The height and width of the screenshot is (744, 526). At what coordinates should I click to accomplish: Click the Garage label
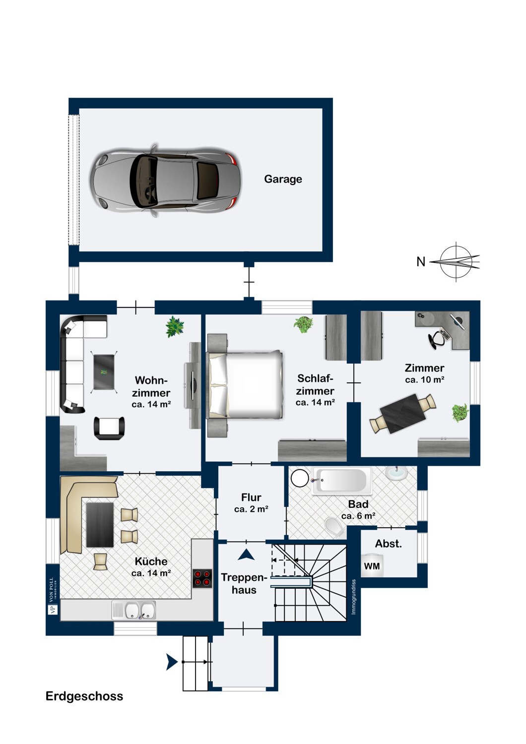tap(283, 180)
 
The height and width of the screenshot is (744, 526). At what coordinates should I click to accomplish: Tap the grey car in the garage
tap(165, 181)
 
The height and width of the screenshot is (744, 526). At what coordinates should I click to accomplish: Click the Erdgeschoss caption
tap(84, 696)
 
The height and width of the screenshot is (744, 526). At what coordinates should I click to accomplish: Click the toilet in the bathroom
tap(335, 526)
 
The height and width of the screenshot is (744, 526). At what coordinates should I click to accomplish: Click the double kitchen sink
tap(134, 611)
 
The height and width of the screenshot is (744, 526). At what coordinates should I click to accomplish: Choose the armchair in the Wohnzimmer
tap(110, 428)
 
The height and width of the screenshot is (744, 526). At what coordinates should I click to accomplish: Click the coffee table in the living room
tap(104, 372)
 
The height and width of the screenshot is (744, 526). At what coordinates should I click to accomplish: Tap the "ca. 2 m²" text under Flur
tap(251, 509)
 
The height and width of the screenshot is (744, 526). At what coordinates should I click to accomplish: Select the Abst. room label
tap(389, 544)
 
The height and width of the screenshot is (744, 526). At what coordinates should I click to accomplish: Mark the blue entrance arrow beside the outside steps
tap(172, 662)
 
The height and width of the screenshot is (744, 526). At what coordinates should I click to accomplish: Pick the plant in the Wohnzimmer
tap(175, 327)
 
